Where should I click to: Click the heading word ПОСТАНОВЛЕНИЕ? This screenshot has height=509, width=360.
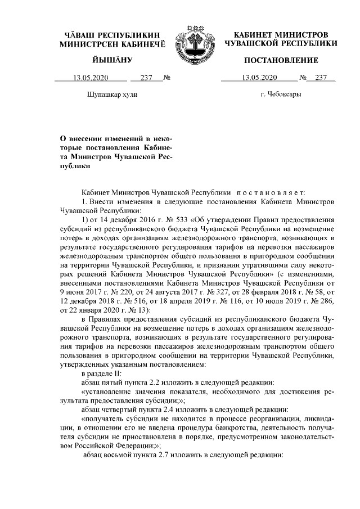[x=281, y=60]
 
